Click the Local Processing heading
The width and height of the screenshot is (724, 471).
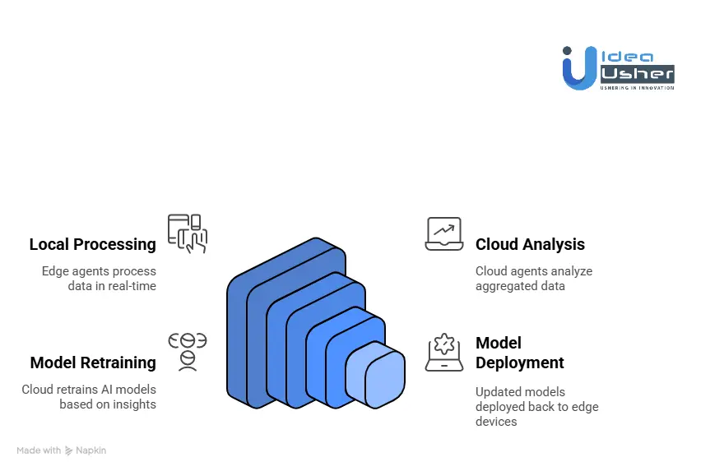click(92, 244)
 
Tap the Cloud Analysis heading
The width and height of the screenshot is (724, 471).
click(530, 244)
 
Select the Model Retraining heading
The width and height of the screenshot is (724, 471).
click(93, 362)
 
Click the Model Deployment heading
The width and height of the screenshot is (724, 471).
click(520, 353)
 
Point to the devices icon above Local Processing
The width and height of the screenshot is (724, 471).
click(187, 233)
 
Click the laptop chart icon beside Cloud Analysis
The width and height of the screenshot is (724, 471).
click(443, 233)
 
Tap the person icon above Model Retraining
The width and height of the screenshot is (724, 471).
click(187, 352)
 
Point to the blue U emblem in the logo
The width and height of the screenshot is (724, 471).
click(578, 69)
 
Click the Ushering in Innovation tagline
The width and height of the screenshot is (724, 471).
click(638, 87)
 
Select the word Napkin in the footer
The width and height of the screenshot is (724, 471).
click(91, 450)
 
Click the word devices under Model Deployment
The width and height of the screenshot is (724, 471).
click(496, 422)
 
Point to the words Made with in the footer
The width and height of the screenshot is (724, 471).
click(39, 450)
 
